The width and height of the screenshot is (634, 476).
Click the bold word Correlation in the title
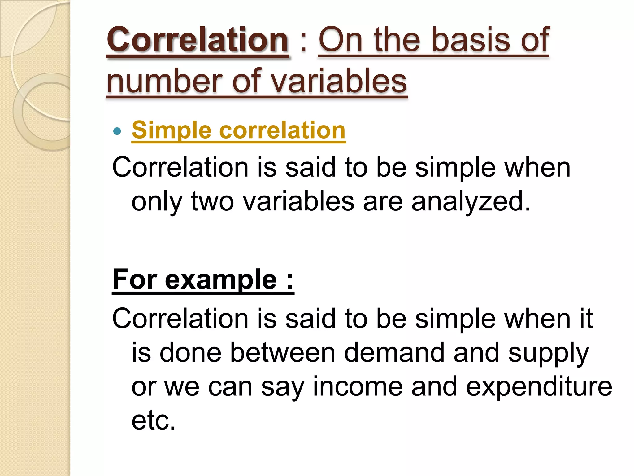click(198, 40)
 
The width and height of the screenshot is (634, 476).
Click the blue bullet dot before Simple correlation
click(117, 131)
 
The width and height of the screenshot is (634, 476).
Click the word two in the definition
click(212, 201)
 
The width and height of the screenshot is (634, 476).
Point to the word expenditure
click(539, 387)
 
